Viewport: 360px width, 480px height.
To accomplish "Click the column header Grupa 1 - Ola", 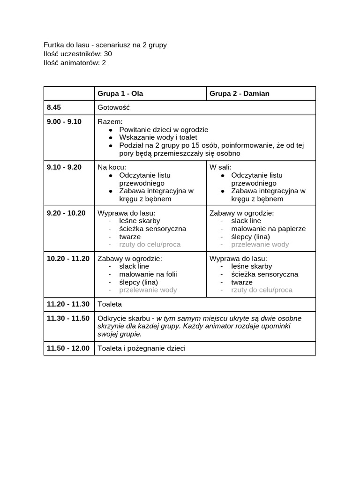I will point(120,93).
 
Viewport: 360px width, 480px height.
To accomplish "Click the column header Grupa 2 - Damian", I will point(239,93).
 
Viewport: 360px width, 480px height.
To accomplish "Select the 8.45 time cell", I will point(54,107).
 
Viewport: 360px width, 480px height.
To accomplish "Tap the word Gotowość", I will point(113,107).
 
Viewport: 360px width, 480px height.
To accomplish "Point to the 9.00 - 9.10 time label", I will point(64,121).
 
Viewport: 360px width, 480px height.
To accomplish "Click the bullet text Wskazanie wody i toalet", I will point(158,137).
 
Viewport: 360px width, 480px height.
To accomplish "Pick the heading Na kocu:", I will point(112,167).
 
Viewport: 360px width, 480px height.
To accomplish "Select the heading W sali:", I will point(220,167).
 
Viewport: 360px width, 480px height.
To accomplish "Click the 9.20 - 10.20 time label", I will point(66,213).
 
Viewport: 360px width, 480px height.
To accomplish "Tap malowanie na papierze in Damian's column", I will point(268,229).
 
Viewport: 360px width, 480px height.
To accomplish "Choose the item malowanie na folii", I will point(148,274).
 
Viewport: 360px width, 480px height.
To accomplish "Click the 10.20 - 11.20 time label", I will point(68,258).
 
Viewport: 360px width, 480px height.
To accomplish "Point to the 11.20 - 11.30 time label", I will point(68,304).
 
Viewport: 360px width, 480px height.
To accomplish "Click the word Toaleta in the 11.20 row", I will point(110,304).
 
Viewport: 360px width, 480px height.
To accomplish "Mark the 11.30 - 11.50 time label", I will point(68,318).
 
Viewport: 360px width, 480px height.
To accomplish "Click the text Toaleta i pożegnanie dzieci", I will point(141,348).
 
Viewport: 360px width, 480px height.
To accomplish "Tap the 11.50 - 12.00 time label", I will point(68,348).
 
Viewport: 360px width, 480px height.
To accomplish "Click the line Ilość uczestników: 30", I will point(78,54).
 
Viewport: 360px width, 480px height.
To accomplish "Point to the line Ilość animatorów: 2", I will point(75,63).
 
